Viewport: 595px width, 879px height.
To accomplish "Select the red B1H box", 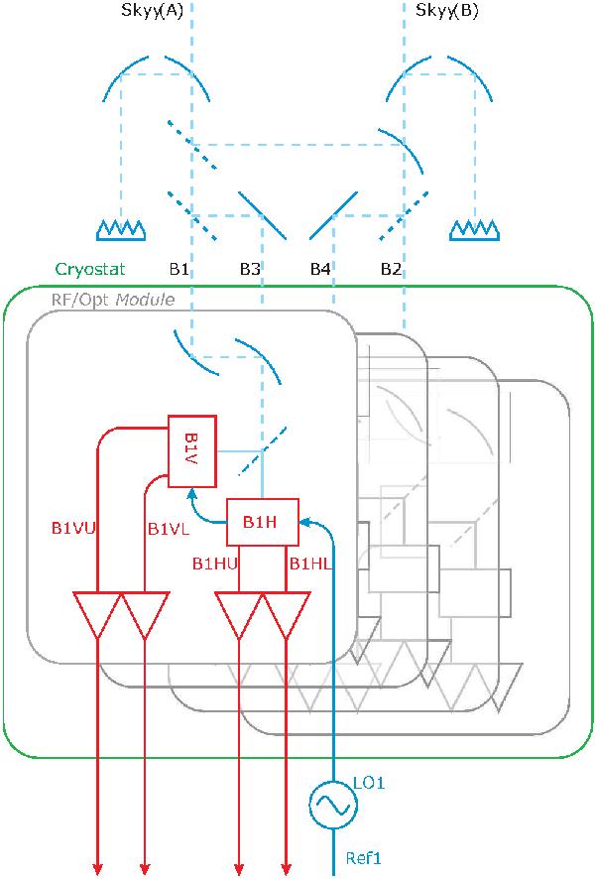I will (x=263, y=521).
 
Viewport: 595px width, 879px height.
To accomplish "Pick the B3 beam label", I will (x=250, y=269).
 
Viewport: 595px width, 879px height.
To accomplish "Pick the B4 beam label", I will (x=319, y=269).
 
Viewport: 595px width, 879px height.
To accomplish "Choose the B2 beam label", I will (x=391, y=269).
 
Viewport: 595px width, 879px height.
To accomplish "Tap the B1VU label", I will (x=72, y=529).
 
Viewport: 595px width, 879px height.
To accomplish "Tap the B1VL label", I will (x=168, y=529).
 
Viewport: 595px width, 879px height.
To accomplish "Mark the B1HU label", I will (x=214, y=564).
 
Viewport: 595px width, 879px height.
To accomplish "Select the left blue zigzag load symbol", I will (x=122, y=230).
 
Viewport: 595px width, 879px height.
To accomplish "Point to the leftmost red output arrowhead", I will (x=98, y=865).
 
